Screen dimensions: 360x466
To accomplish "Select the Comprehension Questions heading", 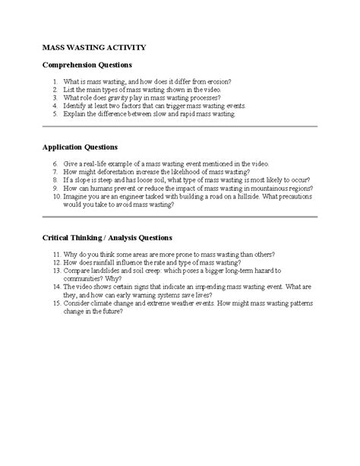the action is click(87, 65).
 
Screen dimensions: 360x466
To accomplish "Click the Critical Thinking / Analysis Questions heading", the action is click(107, 236).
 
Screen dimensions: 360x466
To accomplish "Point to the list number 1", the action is click(55, 81).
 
